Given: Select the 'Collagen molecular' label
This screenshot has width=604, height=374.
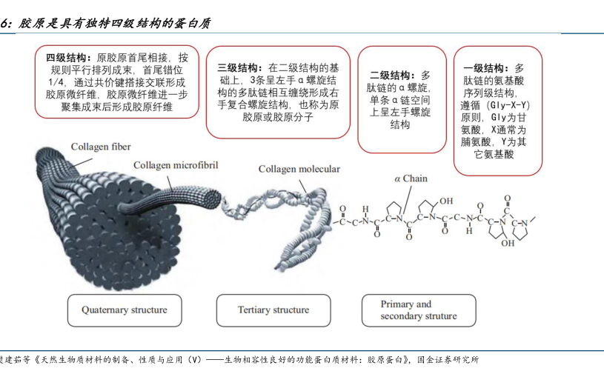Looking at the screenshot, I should tap(299, 169).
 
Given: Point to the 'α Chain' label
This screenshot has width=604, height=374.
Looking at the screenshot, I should tap(411, 178).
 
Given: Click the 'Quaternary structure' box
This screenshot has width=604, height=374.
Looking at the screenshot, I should tap(125, 310).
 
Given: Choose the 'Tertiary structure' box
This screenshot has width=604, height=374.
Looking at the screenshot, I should tap(273, 310).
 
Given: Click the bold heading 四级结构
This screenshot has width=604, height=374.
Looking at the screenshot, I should tap(67, 57).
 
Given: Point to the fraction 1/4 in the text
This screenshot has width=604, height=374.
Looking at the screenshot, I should tap(56, 82).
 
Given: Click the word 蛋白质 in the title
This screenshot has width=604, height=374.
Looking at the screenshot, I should tap(193, 23).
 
